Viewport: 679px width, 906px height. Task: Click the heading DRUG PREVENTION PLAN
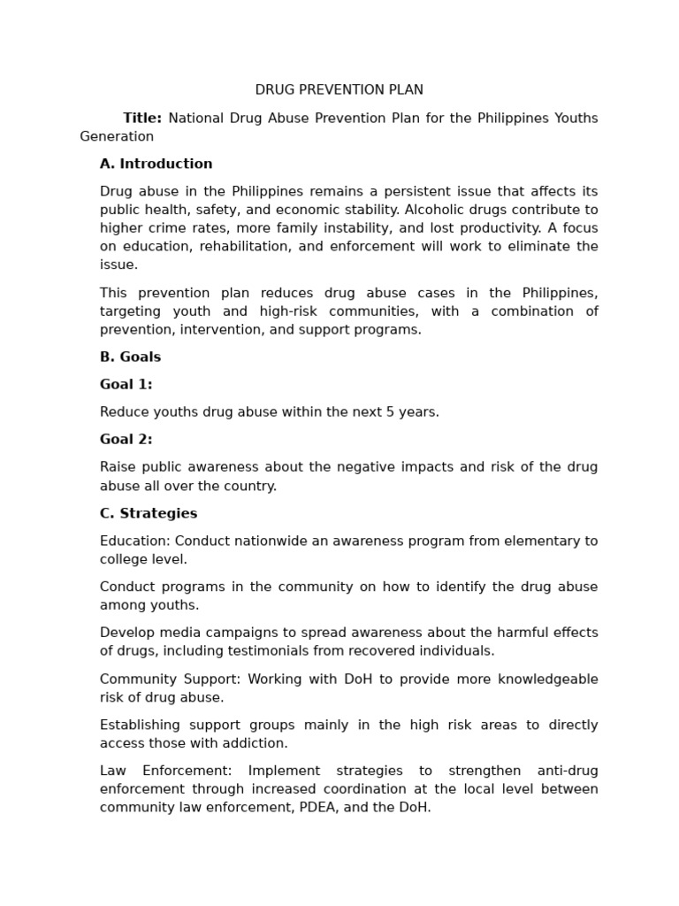(x=339, y=90)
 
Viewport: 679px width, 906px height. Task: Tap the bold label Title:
(x=141, y=118)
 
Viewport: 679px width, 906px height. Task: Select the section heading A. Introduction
(x=156, y=164)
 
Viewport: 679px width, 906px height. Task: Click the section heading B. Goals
(x=130, y=357)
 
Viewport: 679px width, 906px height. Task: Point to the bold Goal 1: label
(x=126, y=385)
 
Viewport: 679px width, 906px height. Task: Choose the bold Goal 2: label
(x=126, y=440)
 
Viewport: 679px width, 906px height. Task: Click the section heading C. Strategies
(x=148, y=514)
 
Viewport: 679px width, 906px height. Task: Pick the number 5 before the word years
(x=390, y=412)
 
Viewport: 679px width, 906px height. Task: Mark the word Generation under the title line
(x=117, y=136)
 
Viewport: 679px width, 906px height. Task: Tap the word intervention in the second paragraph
(x=219, y=330)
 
